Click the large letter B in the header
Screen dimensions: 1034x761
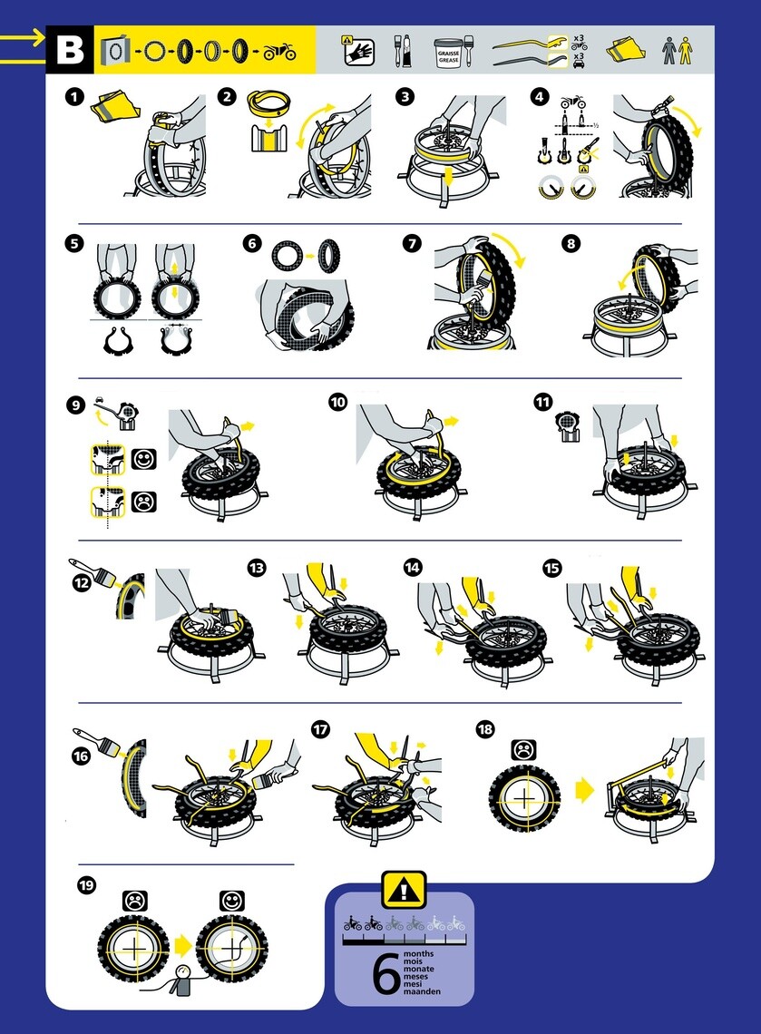tap(68, 50)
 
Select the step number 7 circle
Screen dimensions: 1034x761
tap(413, 243)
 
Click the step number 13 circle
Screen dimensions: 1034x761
tap(257, 568)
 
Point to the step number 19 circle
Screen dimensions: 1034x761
tap(88, 885)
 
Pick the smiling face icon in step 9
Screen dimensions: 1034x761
tap(143, 459)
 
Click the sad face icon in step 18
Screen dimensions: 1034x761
tap(523, 751)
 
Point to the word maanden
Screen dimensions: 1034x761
tap(423, 992)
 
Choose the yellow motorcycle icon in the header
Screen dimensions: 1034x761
tap(279, 52)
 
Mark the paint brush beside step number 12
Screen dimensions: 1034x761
tap(94, 576)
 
